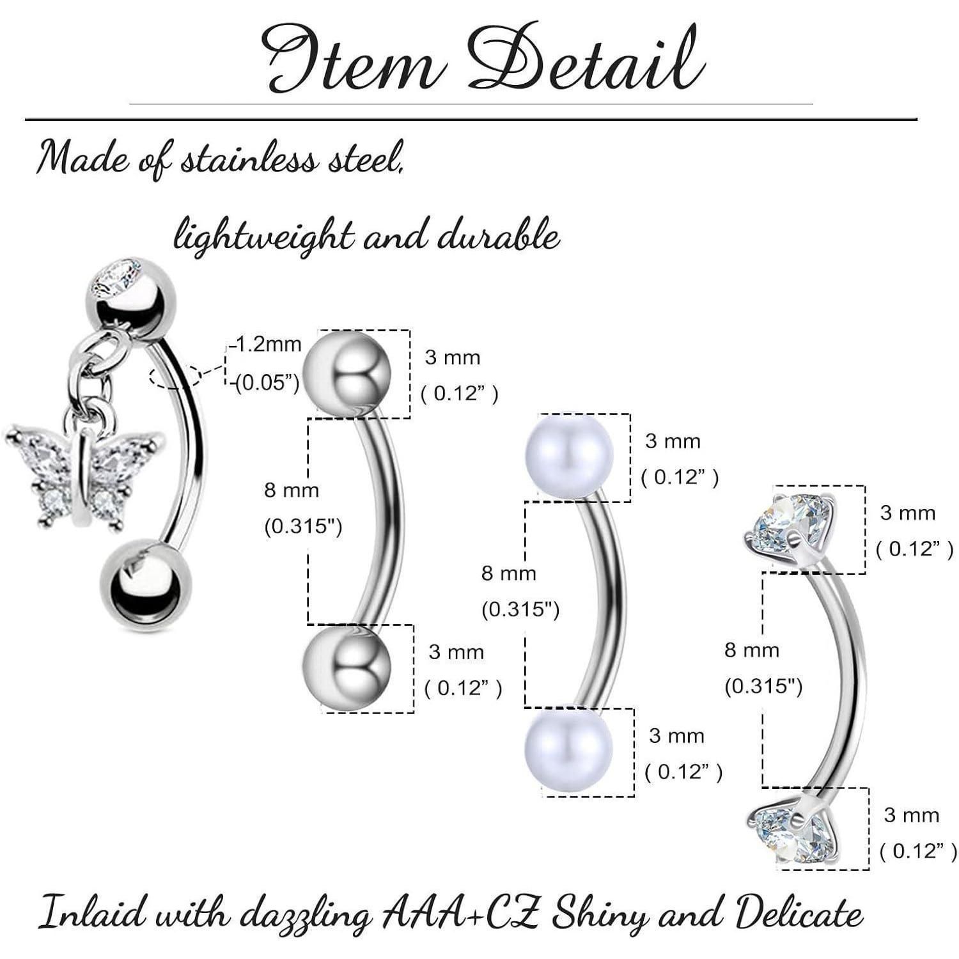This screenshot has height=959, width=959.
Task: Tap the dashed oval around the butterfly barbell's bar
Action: pos(175,377)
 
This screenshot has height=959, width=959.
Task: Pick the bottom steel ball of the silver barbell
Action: pos(347,667)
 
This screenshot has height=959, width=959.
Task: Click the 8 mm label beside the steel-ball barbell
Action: pos(292,490)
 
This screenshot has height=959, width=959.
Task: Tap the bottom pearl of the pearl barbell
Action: pos(568,749)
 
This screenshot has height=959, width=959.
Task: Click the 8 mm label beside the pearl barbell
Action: pos(509,573)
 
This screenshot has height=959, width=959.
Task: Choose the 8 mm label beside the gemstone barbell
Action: pos(752,651)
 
